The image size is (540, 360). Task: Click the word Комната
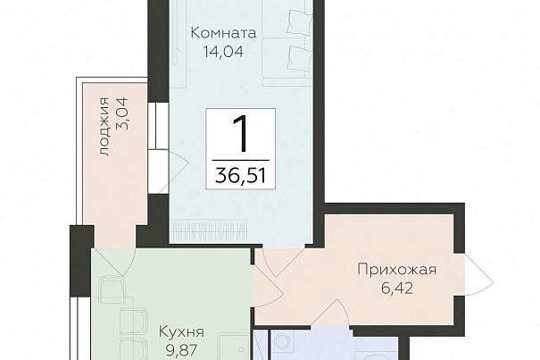[223, 33]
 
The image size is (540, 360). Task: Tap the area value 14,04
[223, 52]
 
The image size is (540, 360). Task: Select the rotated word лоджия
[104, 127]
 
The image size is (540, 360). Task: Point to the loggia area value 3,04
[122, 113]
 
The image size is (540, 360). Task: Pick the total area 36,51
[241, 175]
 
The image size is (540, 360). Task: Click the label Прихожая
[396, 269]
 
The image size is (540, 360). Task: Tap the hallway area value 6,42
[396, 288]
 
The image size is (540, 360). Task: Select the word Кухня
[181, 332]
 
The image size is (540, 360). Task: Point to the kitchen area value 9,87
[181, 350]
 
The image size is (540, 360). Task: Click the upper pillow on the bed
[300, 22]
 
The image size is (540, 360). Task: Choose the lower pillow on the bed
[300, 58]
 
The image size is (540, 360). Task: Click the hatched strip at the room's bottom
[209, 229]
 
